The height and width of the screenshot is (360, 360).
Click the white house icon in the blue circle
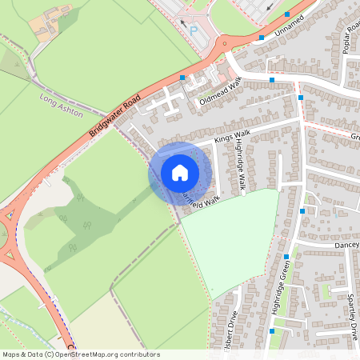click(180, 172)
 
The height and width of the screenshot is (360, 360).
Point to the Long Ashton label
click(61, 105)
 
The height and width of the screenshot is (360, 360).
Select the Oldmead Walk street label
click(220, 93)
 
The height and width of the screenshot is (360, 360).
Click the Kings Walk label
click(233, 138)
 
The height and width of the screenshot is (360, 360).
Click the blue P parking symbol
click(193, 31)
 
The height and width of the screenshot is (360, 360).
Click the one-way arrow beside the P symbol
click(182, 23)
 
